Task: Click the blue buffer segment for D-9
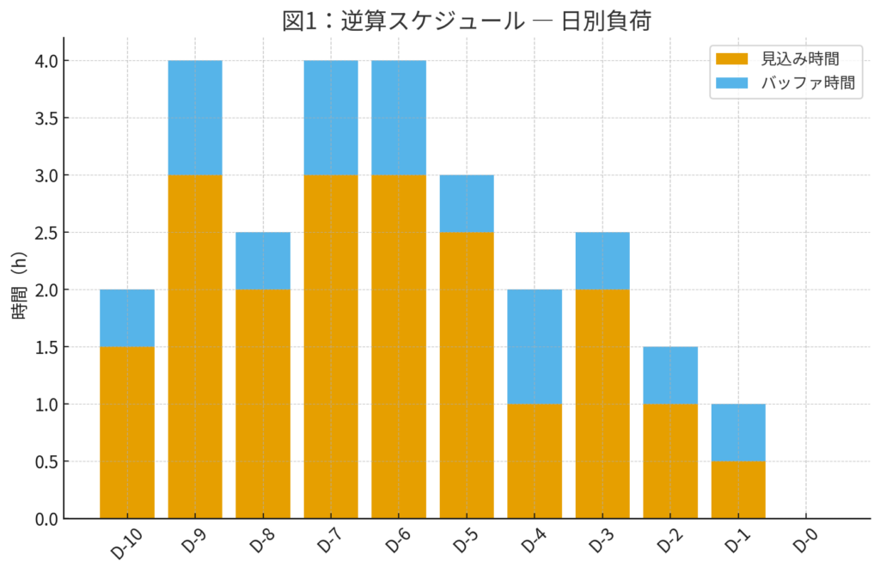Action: click(x=195, y=118)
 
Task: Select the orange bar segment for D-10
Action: click(x=127, y=432)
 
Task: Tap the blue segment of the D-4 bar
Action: click(x=535, y=346)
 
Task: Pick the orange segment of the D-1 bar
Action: click(x=738, y=490)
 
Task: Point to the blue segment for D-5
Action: click(x=467, y=204)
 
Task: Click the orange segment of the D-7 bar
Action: click(x=331, y=346)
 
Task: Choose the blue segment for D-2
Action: click(x=670, y=375)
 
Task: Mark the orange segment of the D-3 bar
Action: click(x=602, y=404)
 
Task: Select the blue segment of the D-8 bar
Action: click(x=263, y=260)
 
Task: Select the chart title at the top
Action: click(x=467, y=20)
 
